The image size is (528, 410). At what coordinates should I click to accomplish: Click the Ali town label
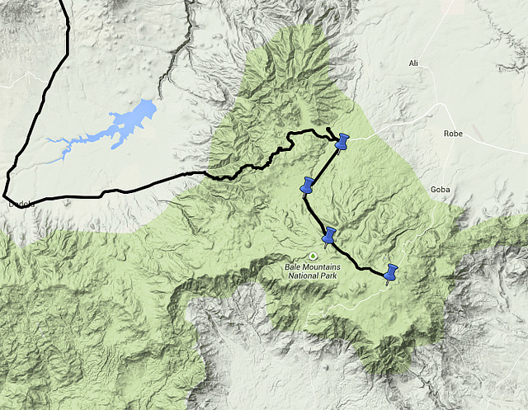(x=414, y=64)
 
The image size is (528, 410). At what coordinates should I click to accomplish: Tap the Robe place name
(x=454, y=133)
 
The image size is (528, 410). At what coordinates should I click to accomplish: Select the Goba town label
(x=441, y=190)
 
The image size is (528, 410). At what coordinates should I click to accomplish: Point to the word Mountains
(x=325, y=266)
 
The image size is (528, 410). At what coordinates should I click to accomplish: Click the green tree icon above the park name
(x=313, y=256)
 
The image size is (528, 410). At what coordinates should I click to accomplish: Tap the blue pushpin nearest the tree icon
(x=330, y=236)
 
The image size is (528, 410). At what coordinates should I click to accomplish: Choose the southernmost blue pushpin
(x=391, y=272)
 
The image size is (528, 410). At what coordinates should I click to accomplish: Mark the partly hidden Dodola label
(x=18, y=203)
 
